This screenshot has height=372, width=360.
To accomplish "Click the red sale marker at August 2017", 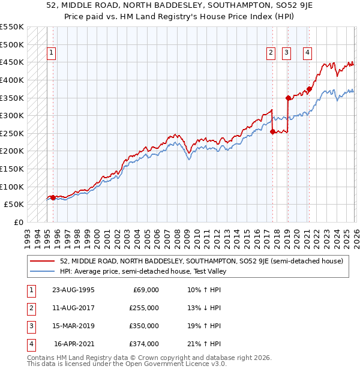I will coord(272,131).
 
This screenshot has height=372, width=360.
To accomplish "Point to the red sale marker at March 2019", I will coord(288,97).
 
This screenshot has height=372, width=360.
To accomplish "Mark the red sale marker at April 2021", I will coord(309,89).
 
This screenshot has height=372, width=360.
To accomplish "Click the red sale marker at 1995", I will coord(53,197).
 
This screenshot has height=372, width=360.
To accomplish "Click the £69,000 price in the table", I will coord(145,290).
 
